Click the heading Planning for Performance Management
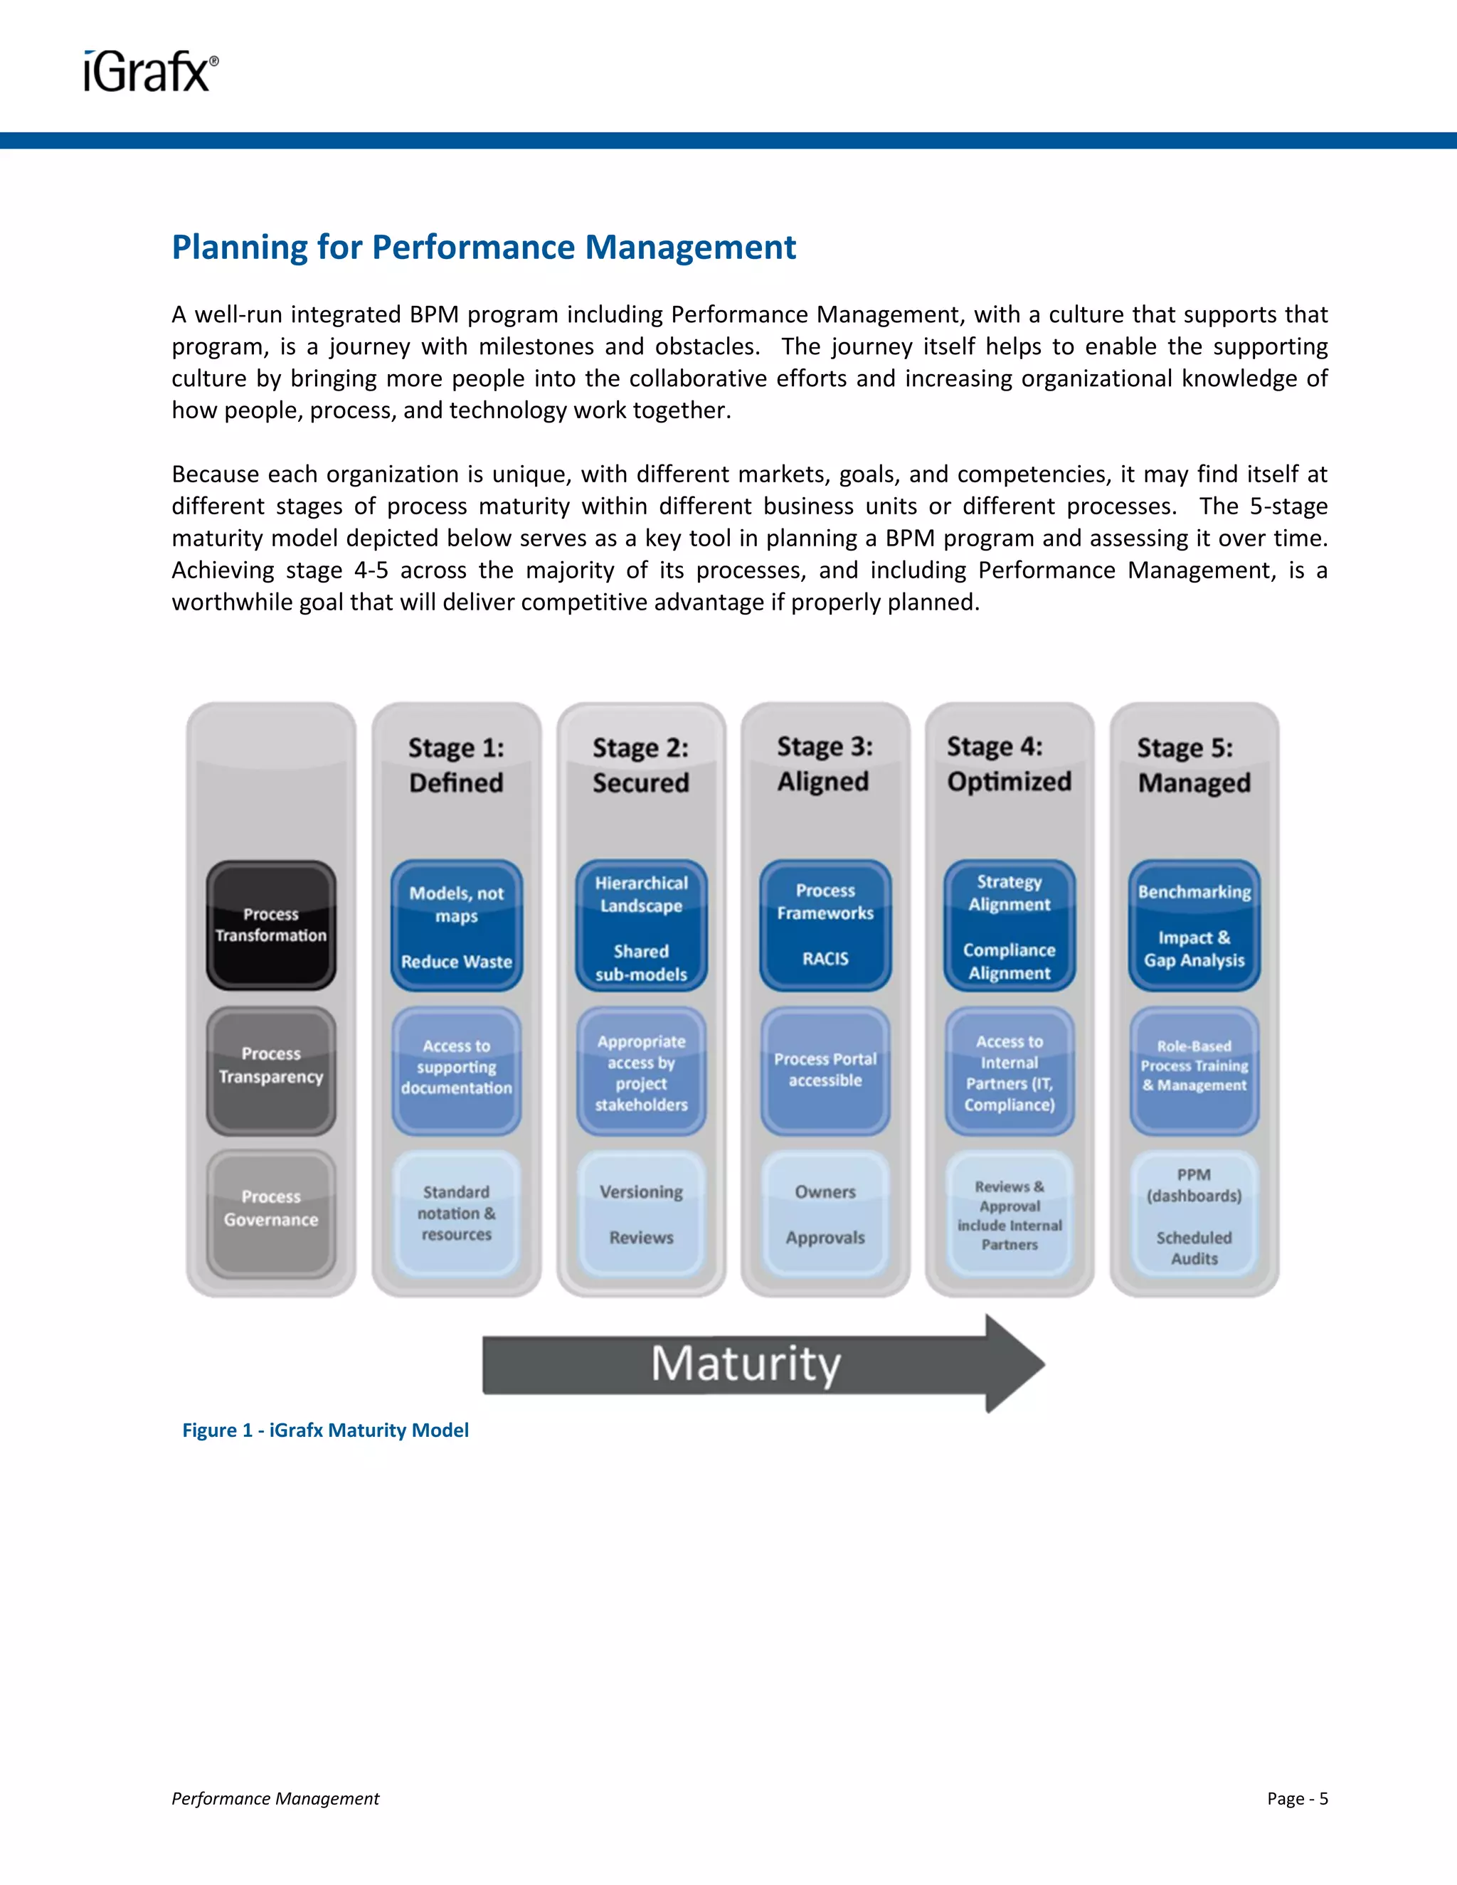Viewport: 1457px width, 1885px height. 483,248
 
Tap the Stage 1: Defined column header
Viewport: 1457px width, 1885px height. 456,765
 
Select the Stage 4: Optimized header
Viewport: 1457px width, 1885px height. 1008,764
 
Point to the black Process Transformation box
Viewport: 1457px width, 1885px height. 271,925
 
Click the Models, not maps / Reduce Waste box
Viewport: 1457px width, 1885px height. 456,925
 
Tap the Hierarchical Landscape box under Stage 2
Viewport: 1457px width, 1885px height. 640,925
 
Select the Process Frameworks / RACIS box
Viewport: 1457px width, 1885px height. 825,925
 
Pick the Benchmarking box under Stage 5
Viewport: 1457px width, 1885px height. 1194,925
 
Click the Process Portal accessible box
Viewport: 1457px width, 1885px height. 825,1071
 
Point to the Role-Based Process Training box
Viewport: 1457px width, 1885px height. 1194,1071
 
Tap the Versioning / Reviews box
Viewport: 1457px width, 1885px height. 640,1214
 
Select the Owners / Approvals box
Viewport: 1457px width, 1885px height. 825,1214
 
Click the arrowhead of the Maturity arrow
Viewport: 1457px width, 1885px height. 1015,1364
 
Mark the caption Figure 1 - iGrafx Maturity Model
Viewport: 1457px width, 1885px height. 325,1430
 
